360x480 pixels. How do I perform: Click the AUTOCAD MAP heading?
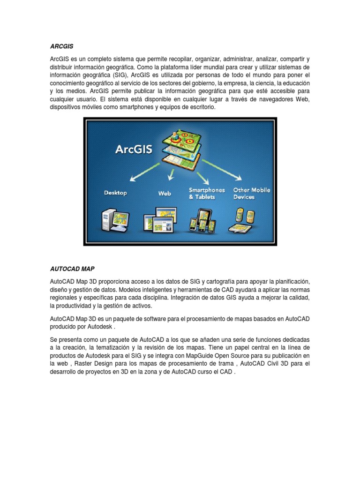[x=72, y=269]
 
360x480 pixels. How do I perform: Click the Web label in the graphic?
[x=165, y=193]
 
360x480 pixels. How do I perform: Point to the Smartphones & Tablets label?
[x=206, y=193]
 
